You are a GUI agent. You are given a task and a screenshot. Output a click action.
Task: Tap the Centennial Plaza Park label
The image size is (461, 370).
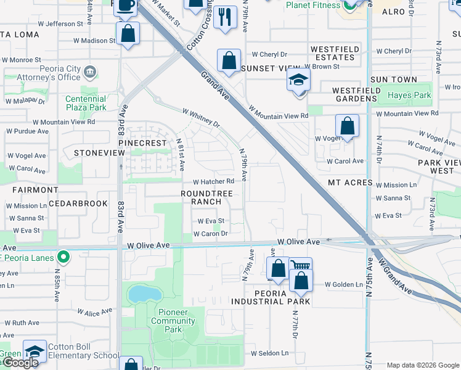pos(86,103)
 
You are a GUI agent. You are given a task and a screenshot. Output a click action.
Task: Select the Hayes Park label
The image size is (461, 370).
pos(409,96)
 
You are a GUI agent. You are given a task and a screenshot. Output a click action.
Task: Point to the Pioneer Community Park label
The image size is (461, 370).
pos(173,321)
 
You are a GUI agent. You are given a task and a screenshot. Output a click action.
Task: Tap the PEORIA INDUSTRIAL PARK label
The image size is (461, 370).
pos(271,297)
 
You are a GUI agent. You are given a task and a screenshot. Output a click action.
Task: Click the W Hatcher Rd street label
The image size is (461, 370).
pos(213,182)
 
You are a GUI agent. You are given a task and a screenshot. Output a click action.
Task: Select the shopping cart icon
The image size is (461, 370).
pos(300,266)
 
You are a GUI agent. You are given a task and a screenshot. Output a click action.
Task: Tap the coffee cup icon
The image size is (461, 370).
pos(126,5)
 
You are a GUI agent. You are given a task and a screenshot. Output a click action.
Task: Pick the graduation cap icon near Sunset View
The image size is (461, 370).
pos(298,80)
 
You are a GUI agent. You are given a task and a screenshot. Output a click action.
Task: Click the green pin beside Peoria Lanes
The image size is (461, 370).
pos(62,256)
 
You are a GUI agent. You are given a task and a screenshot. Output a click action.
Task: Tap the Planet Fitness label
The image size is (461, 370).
pos(313,6)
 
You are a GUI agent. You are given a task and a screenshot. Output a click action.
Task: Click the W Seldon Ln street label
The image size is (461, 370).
pos(269,353)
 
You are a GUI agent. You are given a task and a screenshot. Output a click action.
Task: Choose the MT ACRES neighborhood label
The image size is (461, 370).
pos(350,183)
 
